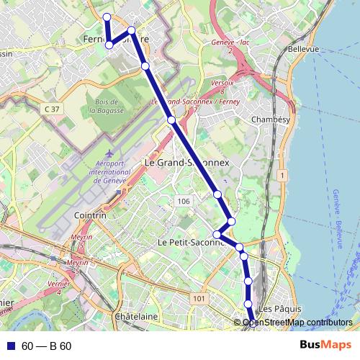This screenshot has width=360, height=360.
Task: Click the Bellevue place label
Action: [x=303, y=49]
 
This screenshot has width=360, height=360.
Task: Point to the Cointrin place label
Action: [x=90, y=215]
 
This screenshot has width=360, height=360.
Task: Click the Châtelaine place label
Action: [x=136, y=316]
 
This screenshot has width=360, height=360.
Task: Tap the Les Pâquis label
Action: [x=274, y=308]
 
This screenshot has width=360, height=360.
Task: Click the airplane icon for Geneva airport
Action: [x=108, y=155]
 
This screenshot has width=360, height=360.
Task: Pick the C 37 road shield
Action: [x=50, y=108]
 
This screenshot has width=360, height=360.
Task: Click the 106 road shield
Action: [x=183, y=202]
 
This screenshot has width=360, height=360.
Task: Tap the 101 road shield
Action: [x=199, y=298]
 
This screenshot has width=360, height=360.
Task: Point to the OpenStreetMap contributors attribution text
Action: [x=297, y=323]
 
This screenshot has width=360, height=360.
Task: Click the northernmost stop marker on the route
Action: [x=107, y=17]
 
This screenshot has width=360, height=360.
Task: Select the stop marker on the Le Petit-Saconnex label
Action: [x=217, y=233]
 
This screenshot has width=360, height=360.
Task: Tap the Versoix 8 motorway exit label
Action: [x=222, y=87]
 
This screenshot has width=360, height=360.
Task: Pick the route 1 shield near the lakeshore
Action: [x=284, y=176]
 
